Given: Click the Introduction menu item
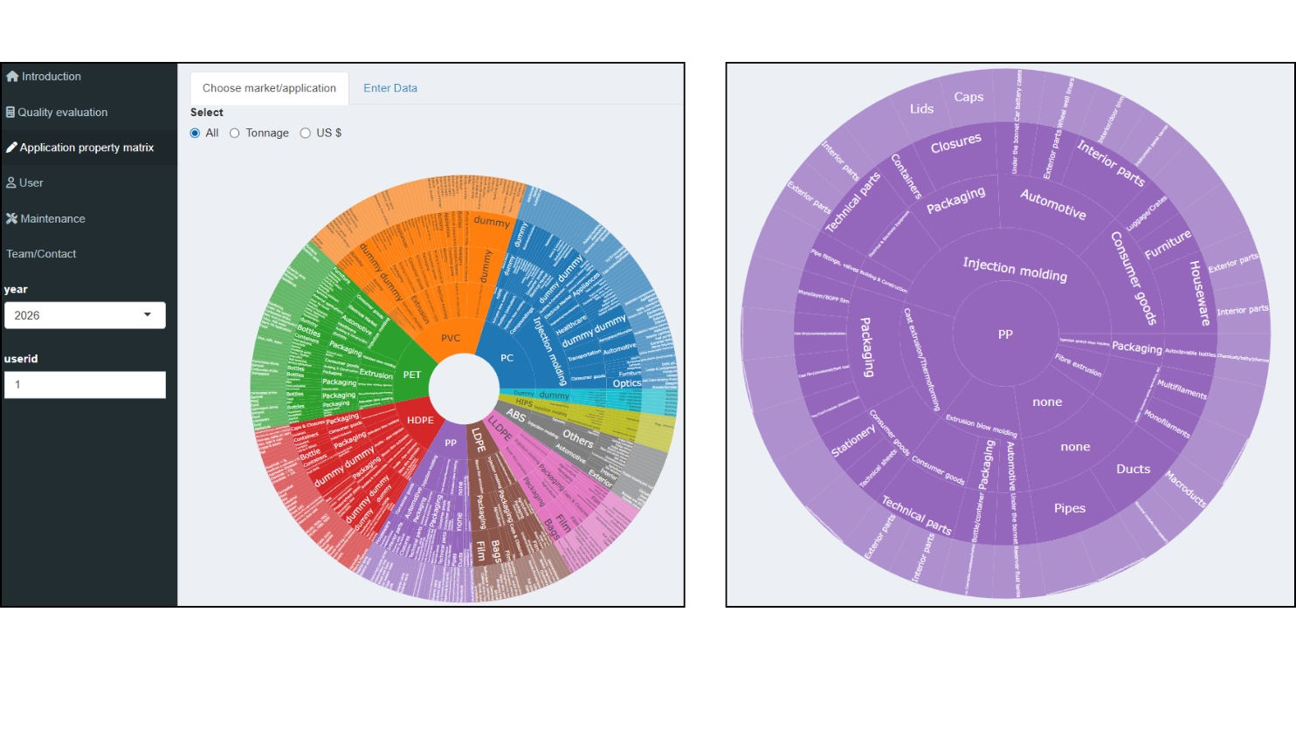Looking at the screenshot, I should (x=51, y=77).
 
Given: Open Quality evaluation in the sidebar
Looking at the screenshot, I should (x=62, y=113).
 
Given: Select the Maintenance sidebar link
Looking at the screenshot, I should (x=52, y=219).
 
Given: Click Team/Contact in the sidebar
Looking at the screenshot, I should (x=41, y=254).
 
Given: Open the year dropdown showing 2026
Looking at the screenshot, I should (x=85, y=315).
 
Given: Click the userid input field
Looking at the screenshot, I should (x=85, y=385).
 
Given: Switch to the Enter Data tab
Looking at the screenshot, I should (x=390, y=88).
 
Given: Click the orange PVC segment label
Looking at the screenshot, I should (x=451, y=338).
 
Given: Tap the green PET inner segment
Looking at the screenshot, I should (x=412, y=375).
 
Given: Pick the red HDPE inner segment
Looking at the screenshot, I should (x=420, y=420).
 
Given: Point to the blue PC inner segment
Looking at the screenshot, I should (x=507, y=358).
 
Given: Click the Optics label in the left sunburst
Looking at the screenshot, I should (x=626, y=383).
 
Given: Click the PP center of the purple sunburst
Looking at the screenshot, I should (x=1005, y=334).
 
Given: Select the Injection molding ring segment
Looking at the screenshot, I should (x=1014, y=270).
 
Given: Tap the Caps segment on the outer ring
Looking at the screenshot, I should (x=969, y=97).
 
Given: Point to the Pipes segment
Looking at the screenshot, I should (x=1069, y=508).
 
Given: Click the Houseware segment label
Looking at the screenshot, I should (x=1199, y=292).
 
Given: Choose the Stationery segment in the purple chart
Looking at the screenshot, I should (x=852, y=441).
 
